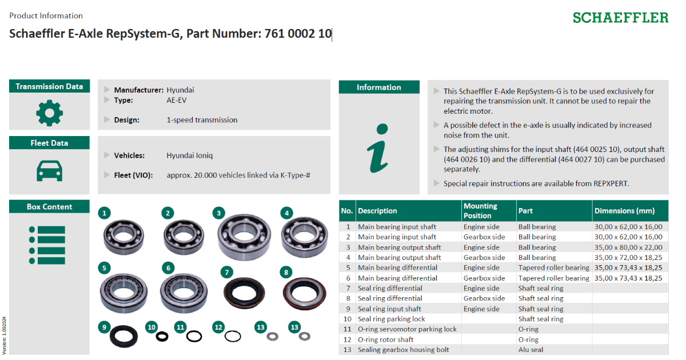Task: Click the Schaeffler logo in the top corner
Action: (620, 18)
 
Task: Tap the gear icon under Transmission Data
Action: (49, 113)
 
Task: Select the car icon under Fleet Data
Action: (49, 170)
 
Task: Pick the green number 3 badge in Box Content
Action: (218, 213)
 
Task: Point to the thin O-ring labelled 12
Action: (232, 336)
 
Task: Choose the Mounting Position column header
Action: (480, 211)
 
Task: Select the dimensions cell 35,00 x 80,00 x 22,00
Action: (628, 247)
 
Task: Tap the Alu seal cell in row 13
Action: (531, 350)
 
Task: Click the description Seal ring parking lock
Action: (391, 319)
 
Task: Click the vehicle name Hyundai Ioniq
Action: (189, 155)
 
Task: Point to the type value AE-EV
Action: (176, 100)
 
